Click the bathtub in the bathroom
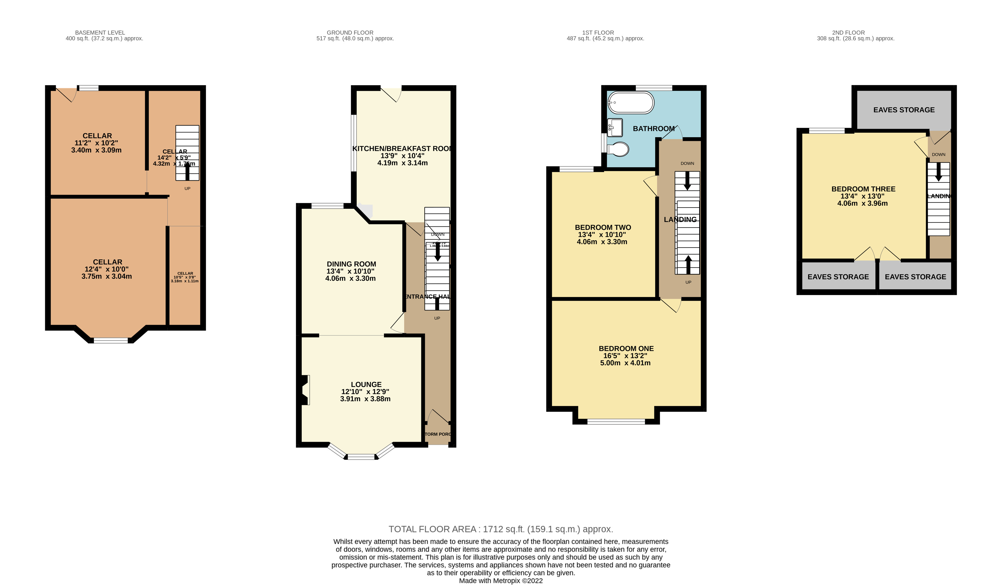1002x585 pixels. [630, 103]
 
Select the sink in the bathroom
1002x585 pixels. [615, 127]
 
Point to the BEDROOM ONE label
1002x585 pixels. [626, 349]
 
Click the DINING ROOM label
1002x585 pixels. [351, 264]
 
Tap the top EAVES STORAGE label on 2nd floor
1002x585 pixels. [903, 110]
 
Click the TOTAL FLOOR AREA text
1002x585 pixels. [501, 529]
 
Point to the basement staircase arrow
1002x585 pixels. [187, 172]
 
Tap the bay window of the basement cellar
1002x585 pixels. [111, 340]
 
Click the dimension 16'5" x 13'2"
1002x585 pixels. [625, 356]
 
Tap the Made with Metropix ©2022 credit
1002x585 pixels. [501, 581]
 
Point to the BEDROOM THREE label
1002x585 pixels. [863, 189]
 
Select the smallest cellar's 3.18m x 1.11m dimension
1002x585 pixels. [185, 281]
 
